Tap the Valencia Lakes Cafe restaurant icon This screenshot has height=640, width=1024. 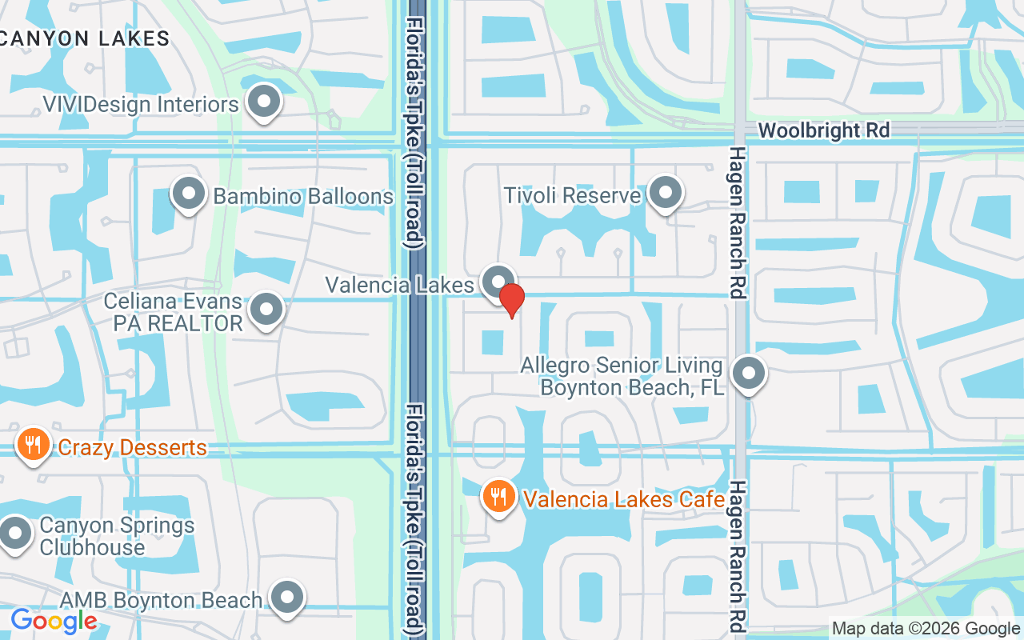pos(499,497)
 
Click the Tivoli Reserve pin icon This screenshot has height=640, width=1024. pos(664,193)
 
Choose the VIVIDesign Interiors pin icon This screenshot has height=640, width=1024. pos(263,102)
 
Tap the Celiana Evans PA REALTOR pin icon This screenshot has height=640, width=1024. pos(266,310)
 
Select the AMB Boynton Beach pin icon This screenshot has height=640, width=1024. pos(286,598)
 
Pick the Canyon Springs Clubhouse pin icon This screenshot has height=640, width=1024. pos(15,533)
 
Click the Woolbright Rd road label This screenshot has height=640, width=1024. pos(823,130)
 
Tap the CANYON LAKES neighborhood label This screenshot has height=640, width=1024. pos(85,38)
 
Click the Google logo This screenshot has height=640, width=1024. pos(54,621)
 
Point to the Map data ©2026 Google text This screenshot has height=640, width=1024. pos(926,629)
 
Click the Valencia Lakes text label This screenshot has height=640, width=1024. pos(399,285)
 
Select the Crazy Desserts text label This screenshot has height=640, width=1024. pos(133,447)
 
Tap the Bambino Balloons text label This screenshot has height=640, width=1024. pos(303,196)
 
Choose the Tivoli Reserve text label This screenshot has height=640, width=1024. pos(573,195)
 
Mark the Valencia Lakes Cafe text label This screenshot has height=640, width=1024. pos(624,499)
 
